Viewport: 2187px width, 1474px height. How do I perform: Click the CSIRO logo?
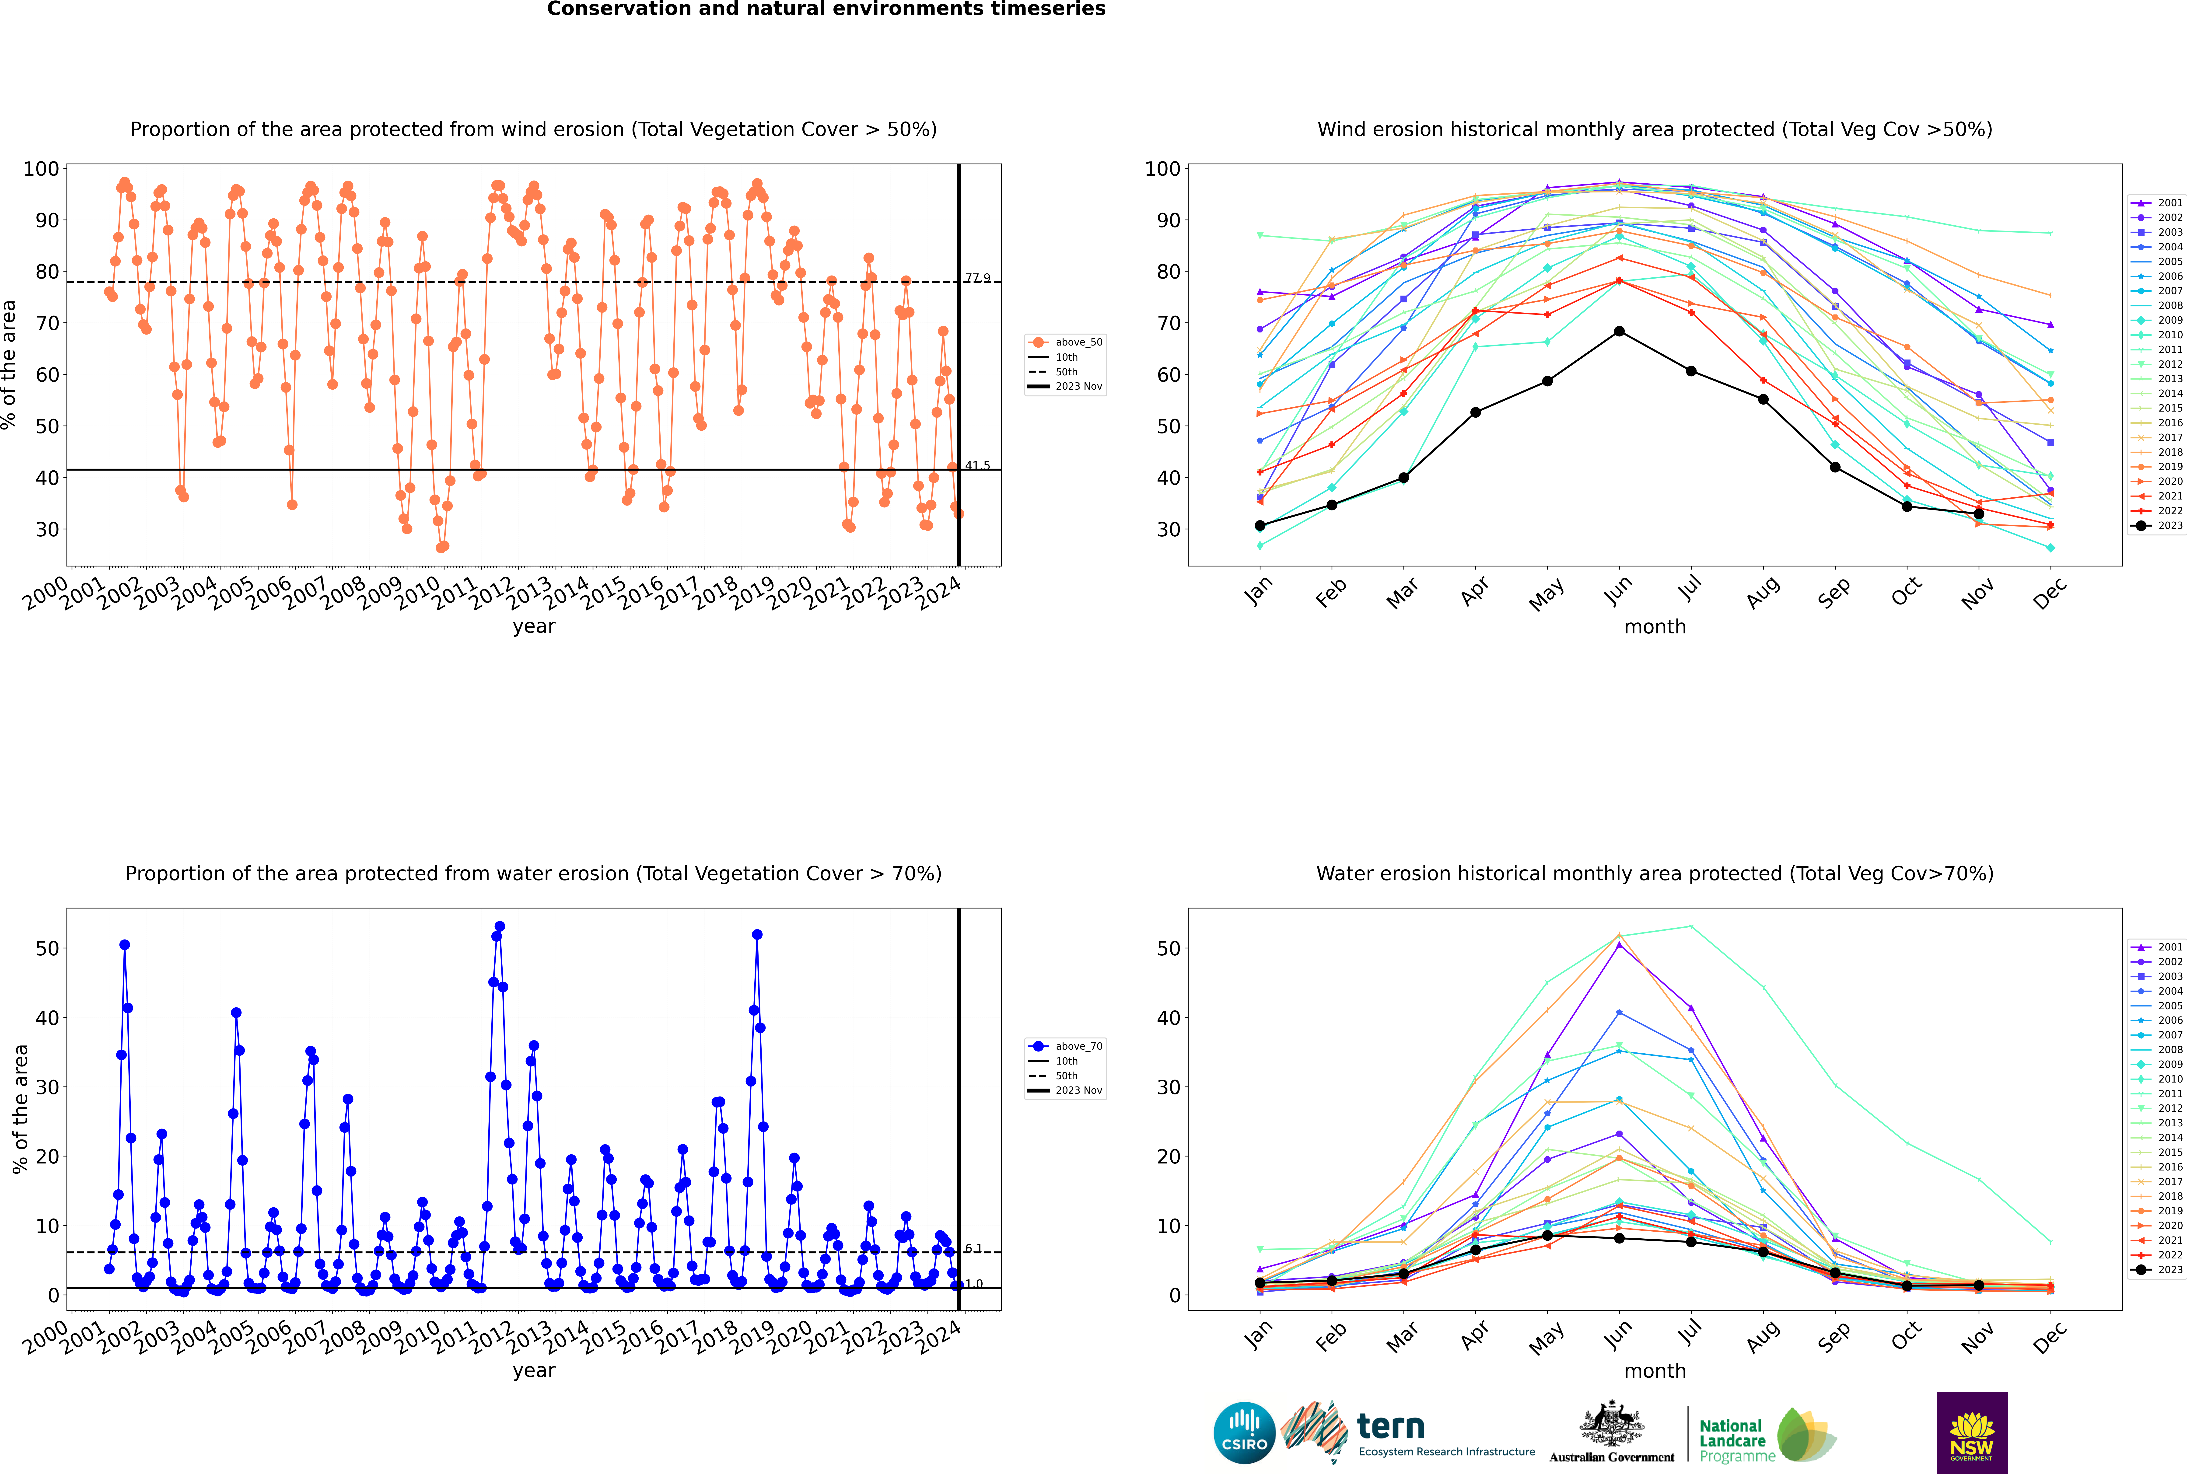click(x=1244, y=1433)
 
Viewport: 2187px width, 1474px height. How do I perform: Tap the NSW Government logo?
click(x=1972, y=1433)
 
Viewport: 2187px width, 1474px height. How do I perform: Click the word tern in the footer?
click(x=1391, y=1427)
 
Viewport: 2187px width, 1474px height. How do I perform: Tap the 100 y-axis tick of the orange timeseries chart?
click(x=41, y=169)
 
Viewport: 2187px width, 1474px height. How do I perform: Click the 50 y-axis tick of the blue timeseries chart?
click(x=47, y=949)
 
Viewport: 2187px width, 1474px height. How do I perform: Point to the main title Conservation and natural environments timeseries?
click(x=826, y=9)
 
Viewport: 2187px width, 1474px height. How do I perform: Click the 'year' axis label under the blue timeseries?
click(x=534, y=1371)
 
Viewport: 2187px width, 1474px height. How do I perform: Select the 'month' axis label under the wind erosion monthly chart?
click(x=1655, y=627)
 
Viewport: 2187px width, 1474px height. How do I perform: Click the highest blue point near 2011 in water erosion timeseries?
click(x=499, y=927)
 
